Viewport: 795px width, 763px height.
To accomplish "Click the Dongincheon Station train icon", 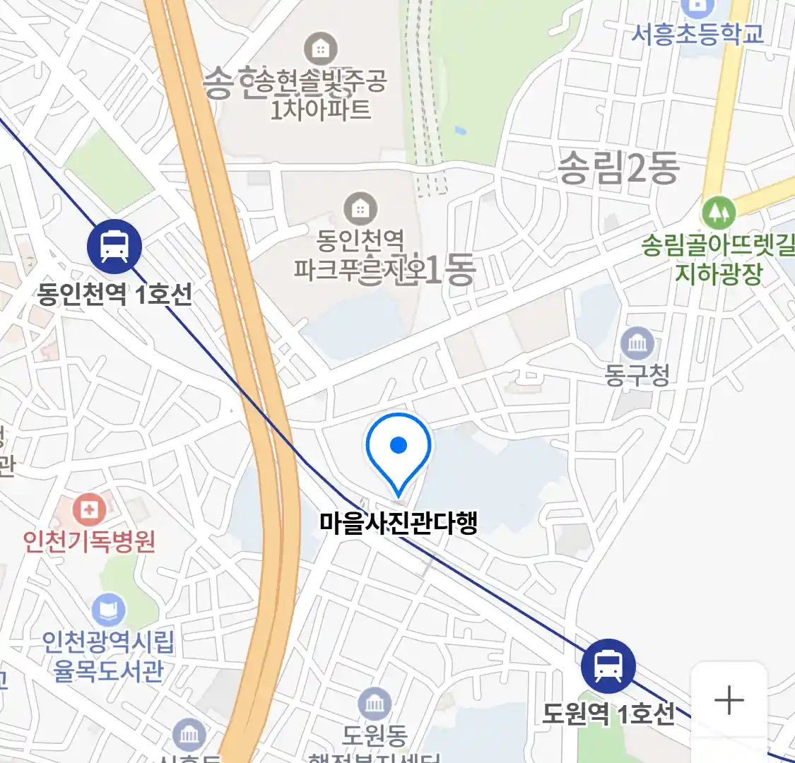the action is point(114,246).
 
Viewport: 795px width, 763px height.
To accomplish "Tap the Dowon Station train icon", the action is point(608,665).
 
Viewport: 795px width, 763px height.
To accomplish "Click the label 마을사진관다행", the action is point(399,522).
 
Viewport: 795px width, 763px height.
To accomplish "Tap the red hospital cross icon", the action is point(90,509).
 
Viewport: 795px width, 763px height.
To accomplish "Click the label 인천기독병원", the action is point(89,541).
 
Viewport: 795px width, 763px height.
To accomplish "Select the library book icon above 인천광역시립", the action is point(109,610).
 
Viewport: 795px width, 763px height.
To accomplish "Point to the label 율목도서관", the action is point(109,670).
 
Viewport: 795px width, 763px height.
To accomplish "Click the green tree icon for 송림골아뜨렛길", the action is point(718,212).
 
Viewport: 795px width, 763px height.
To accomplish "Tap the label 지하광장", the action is point(719,273).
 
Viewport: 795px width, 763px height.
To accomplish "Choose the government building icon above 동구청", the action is point(637,343).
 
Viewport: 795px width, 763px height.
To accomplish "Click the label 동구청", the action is point(637,374).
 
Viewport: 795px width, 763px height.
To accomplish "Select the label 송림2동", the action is point(619,168).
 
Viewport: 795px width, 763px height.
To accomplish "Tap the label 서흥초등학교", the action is point(697,33).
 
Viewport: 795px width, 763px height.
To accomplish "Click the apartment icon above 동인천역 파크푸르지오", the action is point(360,208).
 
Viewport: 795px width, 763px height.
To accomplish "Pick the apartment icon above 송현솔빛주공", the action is point(321,49).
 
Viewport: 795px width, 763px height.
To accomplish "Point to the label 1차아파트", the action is point(321,110).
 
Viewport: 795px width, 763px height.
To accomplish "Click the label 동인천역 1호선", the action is point(115,293).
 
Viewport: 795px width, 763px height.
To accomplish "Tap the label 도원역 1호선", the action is point(608,714).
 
